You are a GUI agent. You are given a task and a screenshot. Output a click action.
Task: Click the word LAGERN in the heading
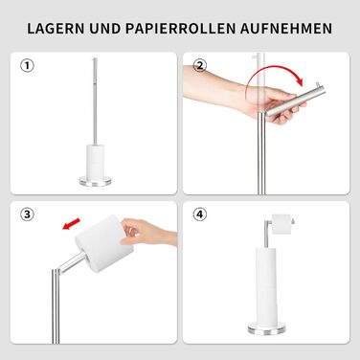(x=56, y=29)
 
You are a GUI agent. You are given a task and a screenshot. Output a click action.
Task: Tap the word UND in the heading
(x=105, y=29)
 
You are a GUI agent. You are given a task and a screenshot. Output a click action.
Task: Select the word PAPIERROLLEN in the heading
(x=180, y=29)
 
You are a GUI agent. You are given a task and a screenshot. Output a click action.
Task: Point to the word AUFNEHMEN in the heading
(x=286, y=29)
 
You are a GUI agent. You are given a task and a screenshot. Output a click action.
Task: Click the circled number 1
(x=27, y=66)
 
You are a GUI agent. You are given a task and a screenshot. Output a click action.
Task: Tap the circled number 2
(x=200, y=66)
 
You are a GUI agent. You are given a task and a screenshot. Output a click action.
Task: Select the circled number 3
(x=27, y=214)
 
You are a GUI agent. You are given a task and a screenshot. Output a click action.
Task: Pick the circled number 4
(x=200, y=214)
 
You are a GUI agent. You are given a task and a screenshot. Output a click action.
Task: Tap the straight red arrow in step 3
(x=71, y=224)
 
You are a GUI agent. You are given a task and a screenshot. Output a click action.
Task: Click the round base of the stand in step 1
(x=96, y=181)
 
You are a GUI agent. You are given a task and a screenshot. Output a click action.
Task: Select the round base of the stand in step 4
(x=267, y=328)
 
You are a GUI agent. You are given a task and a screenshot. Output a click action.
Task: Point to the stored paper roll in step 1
(x=96, y=160)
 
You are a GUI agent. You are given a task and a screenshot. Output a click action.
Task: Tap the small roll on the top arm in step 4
(x=281, y=224)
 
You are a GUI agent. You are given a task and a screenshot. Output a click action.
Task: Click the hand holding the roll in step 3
(x=148, y=233)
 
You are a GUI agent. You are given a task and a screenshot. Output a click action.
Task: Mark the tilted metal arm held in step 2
(x=296, y=101)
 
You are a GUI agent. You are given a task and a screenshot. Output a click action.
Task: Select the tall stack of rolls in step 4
(x=267, y=285)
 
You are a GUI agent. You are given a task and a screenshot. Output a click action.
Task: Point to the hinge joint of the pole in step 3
(x=56, y=272)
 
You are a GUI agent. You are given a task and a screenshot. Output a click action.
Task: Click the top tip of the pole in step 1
(x=95, y=58)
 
